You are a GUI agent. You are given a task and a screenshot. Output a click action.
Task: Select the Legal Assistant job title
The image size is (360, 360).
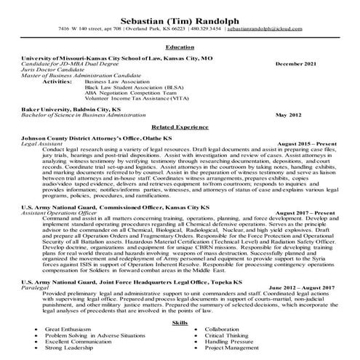click(x=42, y=145)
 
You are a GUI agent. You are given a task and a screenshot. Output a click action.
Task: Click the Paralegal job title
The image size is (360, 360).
click(x=35, y=288)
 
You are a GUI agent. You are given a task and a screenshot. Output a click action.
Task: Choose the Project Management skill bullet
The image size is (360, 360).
click(x=232, y=348)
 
